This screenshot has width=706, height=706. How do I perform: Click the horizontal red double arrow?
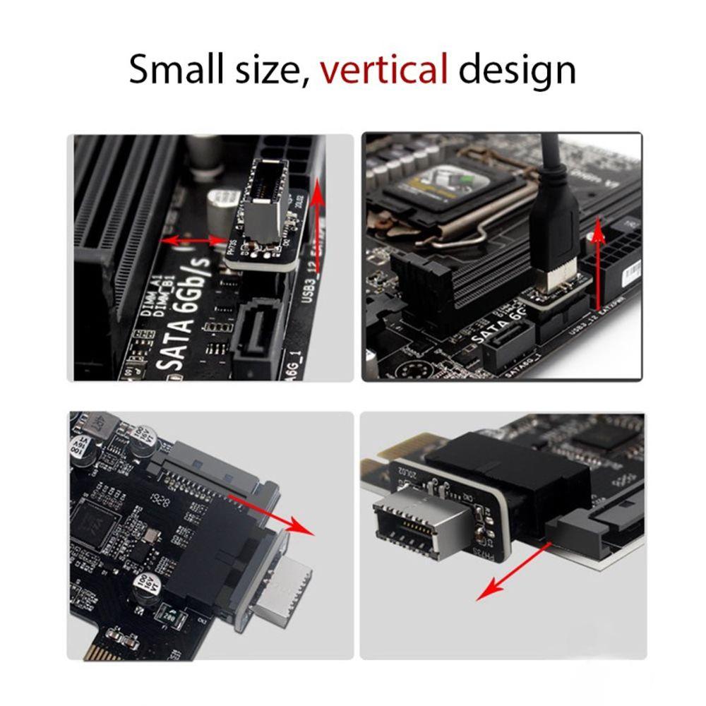tap(194, 241)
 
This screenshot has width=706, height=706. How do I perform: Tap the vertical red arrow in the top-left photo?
tap(317, 226)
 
